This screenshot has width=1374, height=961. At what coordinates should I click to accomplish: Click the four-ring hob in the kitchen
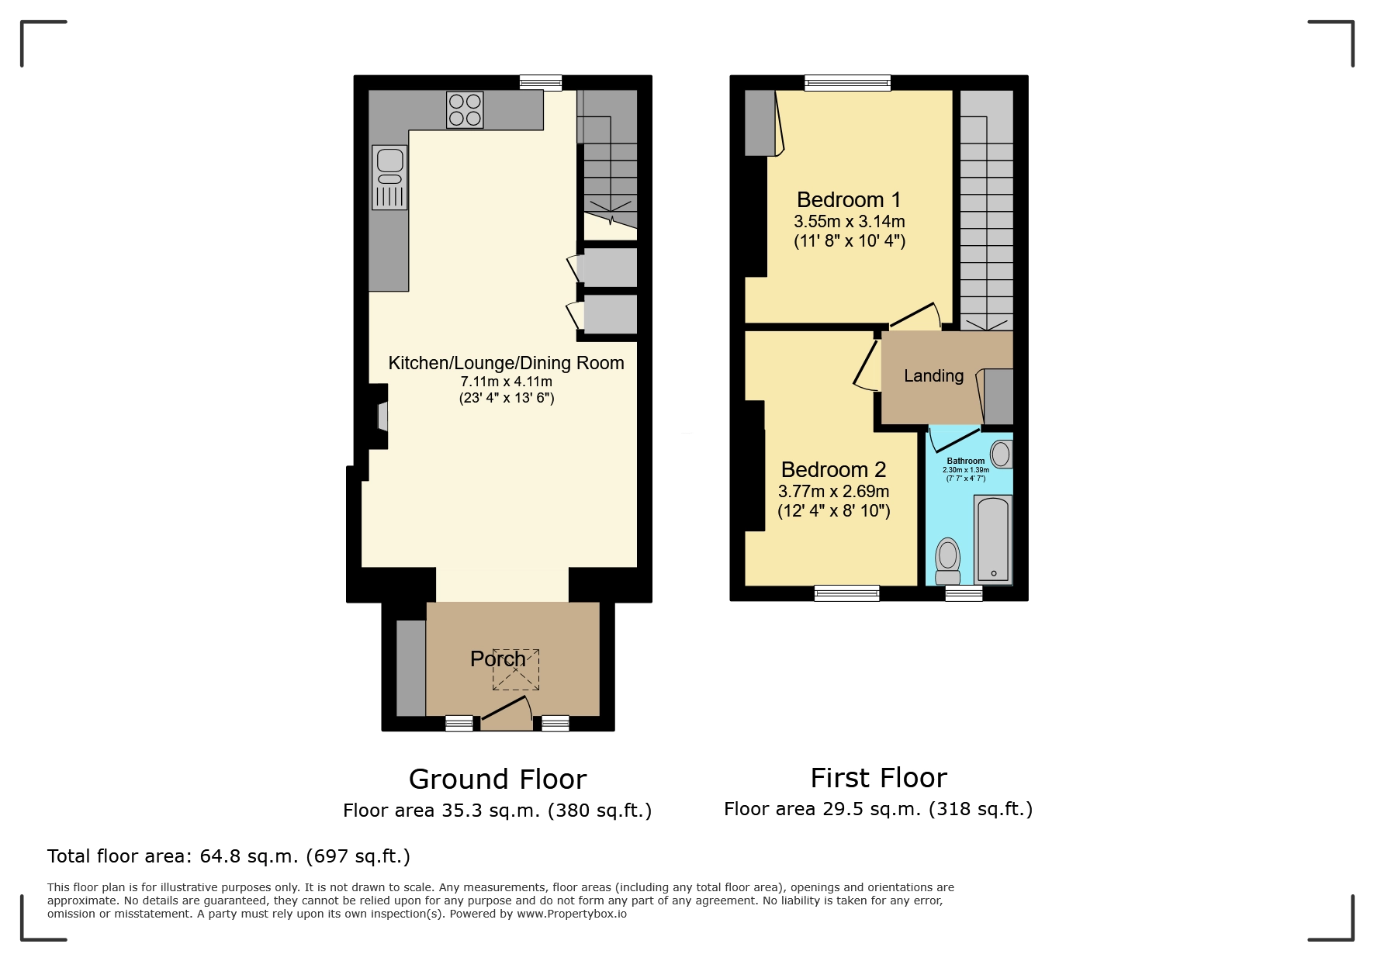[465, 109]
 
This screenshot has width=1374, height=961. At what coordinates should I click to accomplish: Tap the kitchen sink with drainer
[389, 178]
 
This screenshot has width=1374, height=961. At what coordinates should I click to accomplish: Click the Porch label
[497, 659]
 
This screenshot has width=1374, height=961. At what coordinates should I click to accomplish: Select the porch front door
[507, 712]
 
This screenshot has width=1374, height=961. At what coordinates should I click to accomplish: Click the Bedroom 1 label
[849, 200]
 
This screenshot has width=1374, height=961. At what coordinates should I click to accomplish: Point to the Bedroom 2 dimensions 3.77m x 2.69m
[833, 491]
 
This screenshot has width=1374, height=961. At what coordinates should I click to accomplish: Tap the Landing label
[933, 376]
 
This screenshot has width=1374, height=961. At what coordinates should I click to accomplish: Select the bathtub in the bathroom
[993, 540]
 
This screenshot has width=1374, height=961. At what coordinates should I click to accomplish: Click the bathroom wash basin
[1001, 455]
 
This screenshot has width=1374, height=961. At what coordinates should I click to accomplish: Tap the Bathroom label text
[965, 461]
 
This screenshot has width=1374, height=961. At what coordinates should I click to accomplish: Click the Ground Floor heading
[497, 779]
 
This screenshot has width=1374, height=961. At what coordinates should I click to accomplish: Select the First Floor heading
[878, 777]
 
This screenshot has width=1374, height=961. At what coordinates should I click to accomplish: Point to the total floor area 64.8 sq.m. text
[228, 856]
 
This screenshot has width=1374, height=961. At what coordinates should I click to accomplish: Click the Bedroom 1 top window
[847, 83]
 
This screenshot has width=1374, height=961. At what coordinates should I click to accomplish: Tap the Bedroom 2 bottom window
[846, 593]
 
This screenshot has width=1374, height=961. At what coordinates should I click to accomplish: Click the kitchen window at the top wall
[541, 82]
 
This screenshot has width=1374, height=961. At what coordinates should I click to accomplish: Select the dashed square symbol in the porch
[516, 669]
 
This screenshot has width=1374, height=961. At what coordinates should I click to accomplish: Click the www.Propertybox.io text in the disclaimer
[572, 914]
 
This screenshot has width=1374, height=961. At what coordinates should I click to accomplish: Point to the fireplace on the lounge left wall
[382, 417]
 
